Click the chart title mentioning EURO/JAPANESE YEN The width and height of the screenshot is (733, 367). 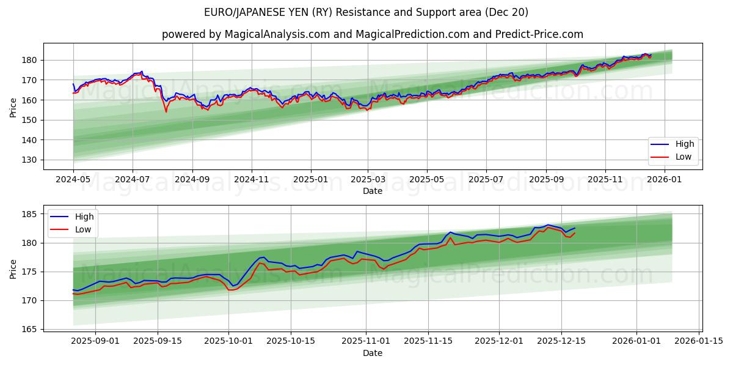(x=366, y=12)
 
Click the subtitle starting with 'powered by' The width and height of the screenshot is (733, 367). (x=373, y=34)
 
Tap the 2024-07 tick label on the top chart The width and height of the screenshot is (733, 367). (x=133, y=180)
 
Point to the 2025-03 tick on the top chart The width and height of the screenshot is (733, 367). (x=368, y=180)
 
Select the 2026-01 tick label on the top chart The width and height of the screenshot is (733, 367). (x=664, y=180)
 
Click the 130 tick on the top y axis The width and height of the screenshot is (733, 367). (x=29, y=160)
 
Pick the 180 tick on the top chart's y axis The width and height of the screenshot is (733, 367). (x=29, y=60)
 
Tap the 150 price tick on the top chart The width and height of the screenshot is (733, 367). (x=29, y=120)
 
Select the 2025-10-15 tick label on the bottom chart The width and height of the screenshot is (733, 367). (x=291, y=341)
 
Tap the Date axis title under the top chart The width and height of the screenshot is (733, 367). (x=373, y=191)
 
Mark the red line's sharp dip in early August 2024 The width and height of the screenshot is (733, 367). (x=166, y=111)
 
